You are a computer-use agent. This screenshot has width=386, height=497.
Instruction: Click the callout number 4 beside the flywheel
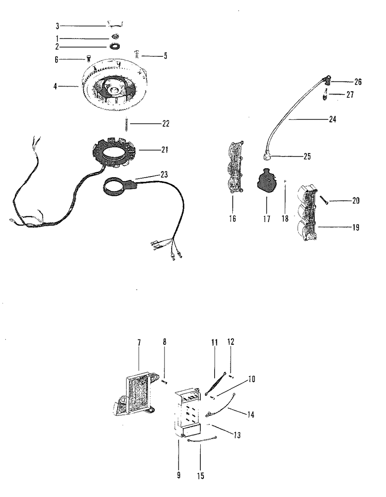(x=56, y=87)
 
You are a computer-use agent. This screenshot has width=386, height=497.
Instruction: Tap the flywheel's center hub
(x=115, y=90)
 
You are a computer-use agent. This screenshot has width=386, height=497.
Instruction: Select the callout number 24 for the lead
(x=332, y=120)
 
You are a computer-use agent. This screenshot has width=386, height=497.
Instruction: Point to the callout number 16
(x=232, y=219)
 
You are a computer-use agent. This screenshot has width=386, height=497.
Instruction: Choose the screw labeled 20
(x=324, y=200)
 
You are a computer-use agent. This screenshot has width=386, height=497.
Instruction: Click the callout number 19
(x=356, y=227)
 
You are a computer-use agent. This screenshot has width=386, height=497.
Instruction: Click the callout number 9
(x=179, y=475)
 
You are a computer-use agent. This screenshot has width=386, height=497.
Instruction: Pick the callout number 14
(x=251, y=415)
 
